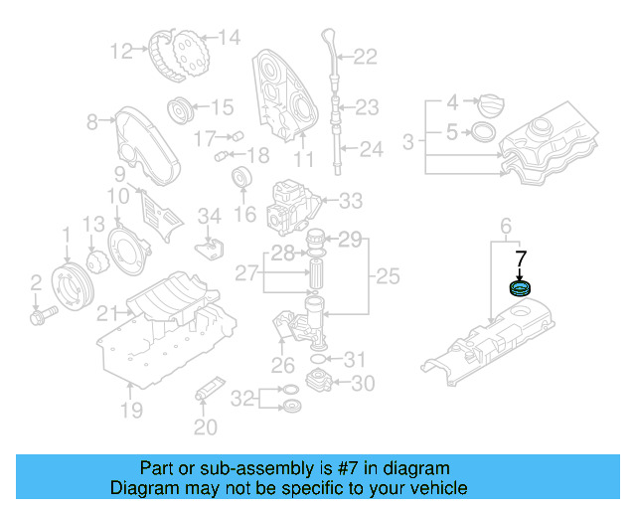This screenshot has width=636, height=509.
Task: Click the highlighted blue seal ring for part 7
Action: click(520, 290)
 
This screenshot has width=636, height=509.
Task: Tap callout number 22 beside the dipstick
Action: click(366, 57)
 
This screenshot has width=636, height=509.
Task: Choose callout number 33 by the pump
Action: click(351, 202)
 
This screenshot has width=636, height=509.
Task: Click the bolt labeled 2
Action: click(42, 317)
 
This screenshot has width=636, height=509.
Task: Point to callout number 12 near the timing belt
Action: click(122, 50)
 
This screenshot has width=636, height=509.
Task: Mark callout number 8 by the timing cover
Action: click(92, 122)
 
